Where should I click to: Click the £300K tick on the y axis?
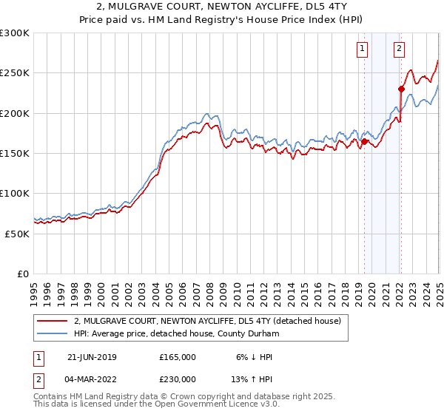[x=15, y=33]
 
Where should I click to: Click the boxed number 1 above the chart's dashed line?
[x=363, y=50]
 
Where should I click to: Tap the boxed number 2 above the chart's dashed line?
[x=399, y=50]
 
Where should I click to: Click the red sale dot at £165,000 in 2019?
[x=365, y=141]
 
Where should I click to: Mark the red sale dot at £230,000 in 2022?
[x=401, y=89]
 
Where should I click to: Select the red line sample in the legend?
[x=53, y=321]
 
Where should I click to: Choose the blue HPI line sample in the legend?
[x=53, y=333]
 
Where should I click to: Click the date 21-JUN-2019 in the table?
[x=91, y=357]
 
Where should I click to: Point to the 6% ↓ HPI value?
[x=253, y=357]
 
